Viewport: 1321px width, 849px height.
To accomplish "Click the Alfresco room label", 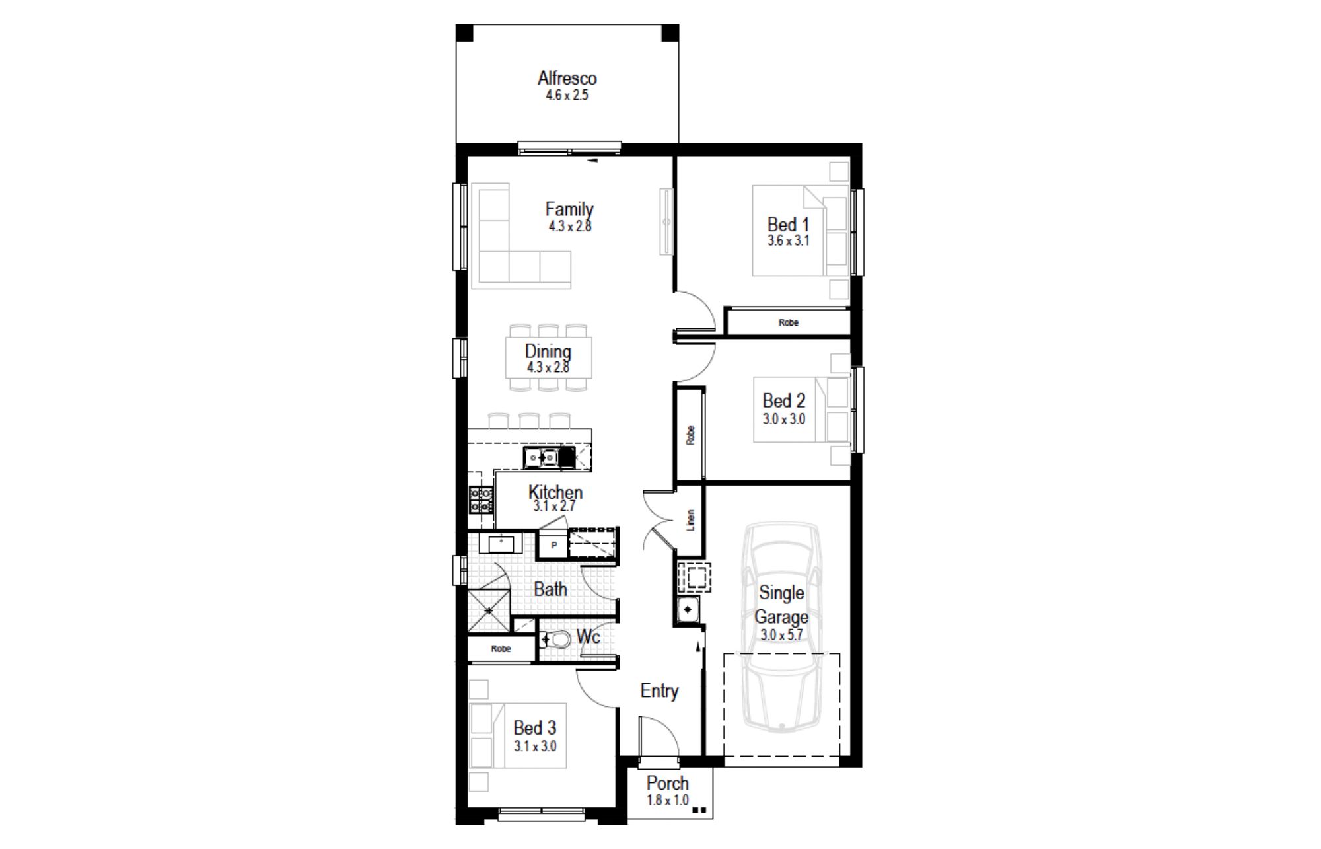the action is pos(567,78).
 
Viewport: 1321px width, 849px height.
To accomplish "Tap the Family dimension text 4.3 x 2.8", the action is pos(569,226).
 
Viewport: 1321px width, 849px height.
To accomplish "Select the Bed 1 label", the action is pos(788,225).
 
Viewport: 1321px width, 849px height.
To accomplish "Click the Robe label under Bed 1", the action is pos(788,323).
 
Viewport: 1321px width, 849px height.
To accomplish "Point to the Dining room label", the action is pos(548,351).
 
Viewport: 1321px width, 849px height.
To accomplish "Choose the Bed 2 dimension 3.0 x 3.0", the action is pos(784,419).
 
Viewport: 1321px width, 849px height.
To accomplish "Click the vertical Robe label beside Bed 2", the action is pos(690,435).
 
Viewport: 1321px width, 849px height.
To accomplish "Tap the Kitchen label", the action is pos(555,492).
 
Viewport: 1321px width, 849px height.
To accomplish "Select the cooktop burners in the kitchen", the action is pos(481,499).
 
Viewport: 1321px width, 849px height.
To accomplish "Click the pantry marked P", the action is pos(553,546).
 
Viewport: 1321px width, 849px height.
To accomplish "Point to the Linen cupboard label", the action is pos(690,520).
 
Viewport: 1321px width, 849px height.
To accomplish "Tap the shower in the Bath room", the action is pos(489,610).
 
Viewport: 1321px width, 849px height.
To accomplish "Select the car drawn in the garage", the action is pos(781,628).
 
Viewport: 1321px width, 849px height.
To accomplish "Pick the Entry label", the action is pos(659,691).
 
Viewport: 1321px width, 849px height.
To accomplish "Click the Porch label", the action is pos(667,784).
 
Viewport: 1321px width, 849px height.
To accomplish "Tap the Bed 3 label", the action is pos(535,728).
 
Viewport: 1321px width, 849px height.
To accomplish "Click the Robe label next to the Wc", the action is pos(501,649).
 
